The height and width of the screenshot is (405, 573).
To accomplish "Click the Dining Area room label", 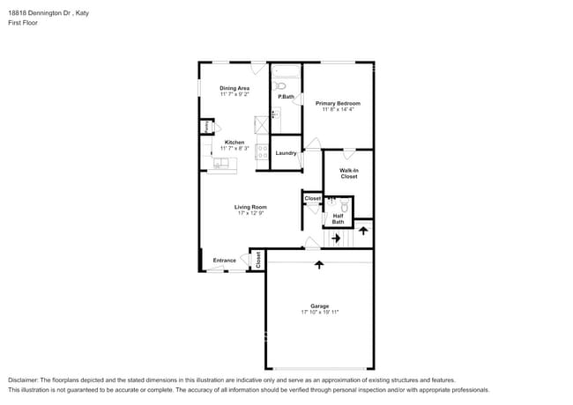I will click(x=234, y=88).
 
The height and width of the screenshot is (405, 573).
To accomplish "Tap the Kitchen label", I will click(x=234, y=142).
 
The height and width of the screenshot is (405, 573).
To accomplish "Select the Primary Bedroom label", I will click(x=338, y=103).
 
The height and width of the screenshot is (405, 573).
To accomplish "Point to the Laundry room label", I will click(x=286, y=153).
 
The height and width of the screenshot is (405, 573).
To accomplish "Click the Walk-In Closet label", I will click(x=349, y=173).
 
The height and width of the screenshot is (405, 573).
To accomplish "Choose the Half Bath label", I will click(x=339, y=219).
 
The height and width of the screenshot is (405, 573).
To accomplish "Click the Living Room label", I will click(x=250, y=207).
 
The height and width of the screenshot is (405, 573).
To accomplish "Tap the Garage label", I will click(x=320, y=306).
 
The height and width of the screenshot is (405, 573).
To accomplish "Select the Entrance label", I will click(x=224, y=260).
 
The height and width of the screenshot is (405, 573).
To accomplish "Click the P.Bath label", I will click(x=286, y=96).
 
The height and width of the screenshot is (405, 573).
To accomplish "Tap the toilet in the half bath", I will click(x=346, y=208).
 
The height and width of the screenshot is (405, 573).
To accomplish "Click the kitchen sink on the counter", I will click(x=220, y=163).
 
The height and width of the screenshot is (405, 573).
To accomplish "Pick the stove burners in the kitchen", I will click(x=262, y=151).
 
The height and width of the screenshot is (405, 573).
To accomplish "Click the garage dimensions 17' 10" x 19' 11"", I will click(x=320, y=312).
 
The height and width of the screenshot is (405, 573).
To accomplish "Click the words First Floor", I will click(x=23, y=22).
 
